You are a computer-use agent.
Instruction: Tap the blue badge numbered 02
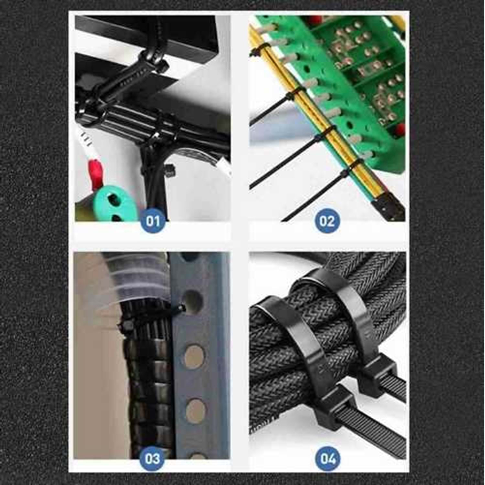[x=327, y=221]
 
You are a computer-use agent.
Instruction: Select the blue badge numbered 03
[x=152, y=459]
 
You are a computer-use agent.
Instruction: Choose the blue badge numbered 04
[x=328, y=459]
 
